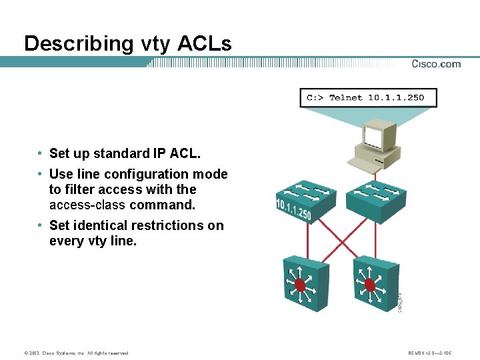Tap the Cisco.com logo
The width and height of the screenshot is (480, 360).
pyautogui.click(x=436, y=64)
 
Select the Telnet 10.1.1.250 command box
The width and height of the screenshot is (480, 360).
pyautogui.click(x=365, y=97)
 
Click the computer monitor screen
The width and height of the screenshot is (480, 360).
pyautogui.click(x=375, y=138)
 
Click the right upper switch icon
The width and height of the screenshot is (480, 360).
pyautogui.click(x=375, y=194)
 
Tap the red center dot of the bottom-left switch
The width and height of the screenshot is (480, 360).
pyautogui.click(x=300, y=285)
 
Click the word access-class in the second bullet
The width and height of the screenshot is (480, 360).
pyautogui.click(x=87, y=205)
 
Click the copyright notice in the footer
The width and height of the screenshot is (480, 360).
pyautogui.click(x=75, y=353)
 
